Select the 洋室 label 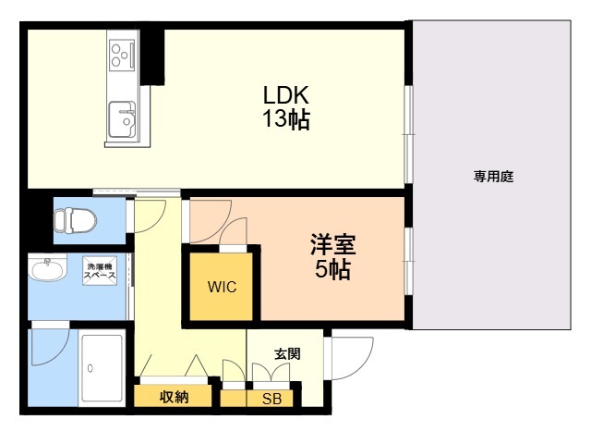pyautogui.click(x=332, y=246)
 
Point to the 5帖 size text pyautogui.click(x=332, y=270)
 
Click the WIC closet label pyautogui.click(x=222, y=287)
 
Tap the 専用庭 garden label pyautogui.click(x=493, y=176)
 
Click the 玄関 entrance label pyautogui.click(x=286, y=353)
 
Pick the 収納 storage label pyautogui.click(x=174, y=397)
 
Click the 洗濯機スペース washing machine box pyautogui.click(x=100, y=269)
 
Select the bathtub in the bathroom pyautogui.click(x=102, y=367)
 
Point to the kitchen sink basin pyautogui.click(x=122, y=118)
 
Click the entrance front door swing pyautogui.click(x=350, y=357)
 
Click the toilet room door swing pyautogui.click(x=148, y=215)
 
